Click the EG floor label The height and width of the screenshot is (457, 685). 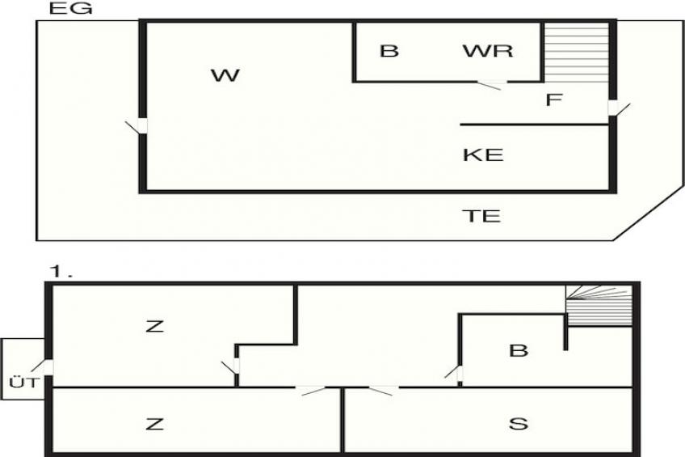tap(70, 9)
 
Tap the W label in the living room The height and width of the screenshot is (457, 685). tap(225, 75)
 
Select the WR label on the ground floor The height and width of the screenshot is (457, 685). tap(488, 51)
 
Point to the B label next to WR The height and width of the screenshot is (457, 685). tap(389, 51)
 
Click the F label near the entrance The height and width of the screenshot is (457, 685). tap(554, 99)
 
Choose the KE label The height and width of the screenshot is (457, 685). tap(483, 154)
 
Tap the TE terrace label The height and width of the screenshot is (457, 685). tap(481, 216)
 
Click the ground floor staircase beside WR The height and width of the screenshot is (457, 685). tap(576, 53)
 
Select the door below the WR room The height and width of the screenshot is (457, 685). tap(491, 84)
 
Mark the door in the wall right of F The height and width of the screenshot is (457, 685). tap(616, 108)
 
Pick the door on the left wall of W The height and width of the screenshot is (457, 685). tap(137, 126)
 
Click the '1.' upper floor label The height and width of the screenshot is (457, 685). tap(61, 272)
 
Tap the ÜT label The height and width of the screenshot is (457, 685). tap(24, 383)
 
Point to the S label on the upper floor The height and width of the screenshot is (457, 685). tap(519, 424)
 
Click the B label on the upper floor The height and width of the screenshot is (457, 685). tap(519, 350)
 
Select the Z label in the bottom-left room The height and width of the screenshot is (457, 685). tap(154, 424)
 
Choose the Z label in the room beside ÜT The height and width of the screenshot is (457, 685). tap(154, 326)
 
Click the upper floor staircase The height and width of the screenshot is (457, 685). tap(599, 305)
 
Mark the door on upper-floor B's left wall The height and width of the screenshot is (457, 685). tap(454, 372)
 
